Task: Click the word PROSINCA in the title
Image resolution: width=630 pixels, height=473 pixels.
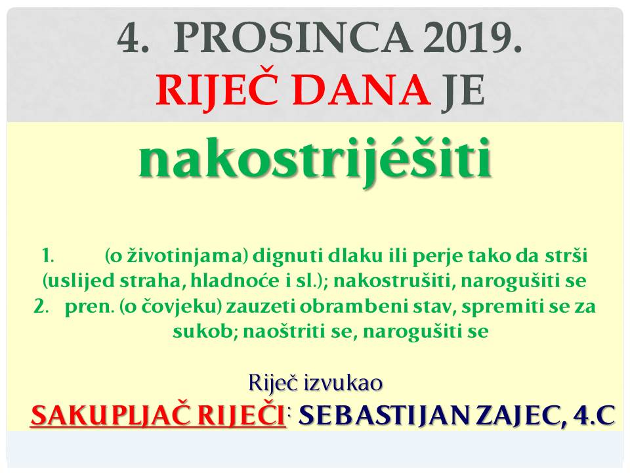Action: click(x=293, y=37)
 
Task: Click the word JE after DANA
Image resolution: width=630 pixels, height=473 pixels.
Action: click(x=463, y=90)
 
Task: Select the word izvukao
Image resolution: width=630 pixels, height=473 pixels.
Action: click(x=343, y=382)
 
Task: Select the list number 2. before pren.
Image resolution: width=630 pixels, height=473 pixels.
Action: click(x=41, y=307)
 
